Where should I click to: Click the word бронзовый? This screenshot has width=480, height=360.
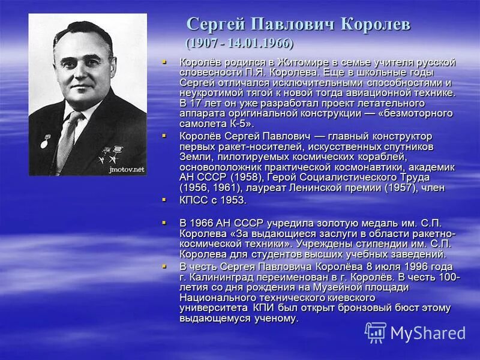click(381, 308)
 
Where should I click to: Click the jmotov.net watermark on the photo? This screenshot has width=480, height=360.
click(127, 170)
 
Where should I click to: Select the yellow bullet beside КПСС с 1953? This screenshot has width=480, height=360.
click(164, 198)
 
